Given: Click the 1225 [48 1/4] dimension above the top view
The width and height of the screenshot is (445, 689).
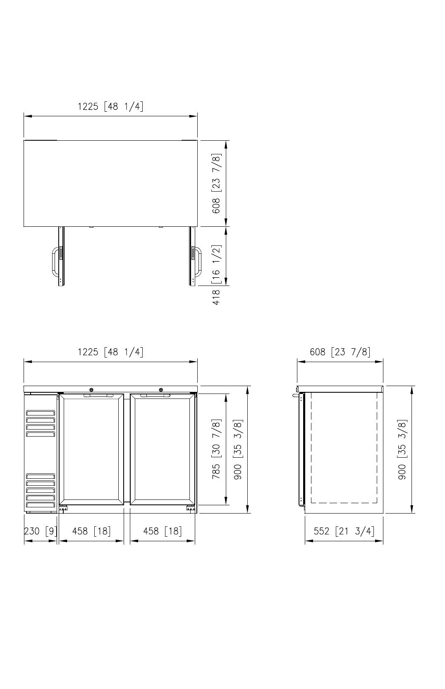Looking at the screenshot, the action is tap(111, 106).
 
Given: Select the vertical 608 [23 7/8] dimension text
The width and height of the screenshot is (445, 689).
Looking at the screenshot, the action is tap(216, 183).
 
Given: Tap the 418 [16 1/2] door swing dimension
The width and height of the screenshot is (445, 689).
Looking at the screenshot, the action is tap(216, 275).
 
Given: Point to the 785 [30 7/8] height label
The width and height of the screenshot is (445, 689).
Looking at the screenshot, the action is tap(216, 449).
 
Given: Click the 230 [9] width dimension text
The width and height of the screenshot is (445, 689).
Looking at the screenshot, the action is tap(41, 531).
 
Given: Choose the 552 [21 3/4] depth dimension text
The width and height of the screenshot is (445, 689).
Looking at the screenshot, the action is tap(344, 531).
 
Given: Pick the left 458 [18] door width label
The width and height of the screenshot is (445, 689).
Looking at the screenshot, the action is tap(91, 531).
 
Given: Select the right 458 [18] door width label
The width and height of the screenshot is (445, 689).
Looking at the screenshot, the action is tap(163, 531).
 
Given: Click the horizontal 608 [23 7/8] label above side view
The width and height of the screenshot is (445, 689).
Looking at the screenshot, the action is tap(340, 352).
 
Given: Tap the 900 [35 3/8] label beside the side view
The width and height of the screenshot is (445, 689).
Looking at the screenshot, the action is tap(402, 449).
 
